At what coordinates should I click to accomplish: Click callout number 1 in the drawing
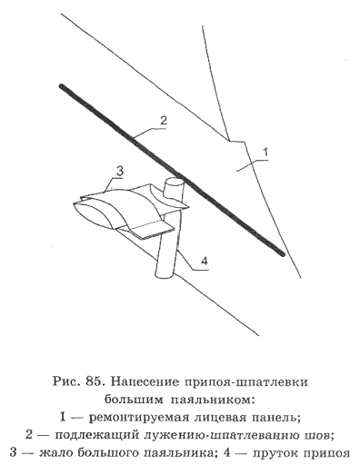click(265, 153)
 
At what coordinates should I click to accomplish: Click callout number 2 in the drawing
click(163, 121)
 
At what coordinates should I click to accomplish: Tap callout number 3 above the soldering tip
click(120, 172)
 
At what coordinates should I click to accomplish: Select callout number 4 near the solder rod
click(205, 261)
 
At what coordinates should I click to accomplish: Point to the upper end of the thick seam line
click(61, 86)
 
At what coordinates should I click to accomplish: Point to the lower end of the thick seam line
click(283, 254)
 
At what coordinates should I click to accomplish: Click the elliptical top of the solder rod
click(174, 183)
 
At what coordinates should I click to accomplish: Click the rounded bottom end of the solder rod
click(165, 274)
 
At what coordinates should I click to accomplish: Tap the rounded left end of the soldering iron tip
click(76, 209)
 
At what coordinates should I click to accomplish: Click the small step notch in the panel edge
click(236, 141)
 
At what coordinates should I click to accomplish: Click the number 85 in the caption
click(94, 382)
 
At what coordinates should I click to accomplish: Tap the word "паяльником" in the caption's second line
click(212, 400)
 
